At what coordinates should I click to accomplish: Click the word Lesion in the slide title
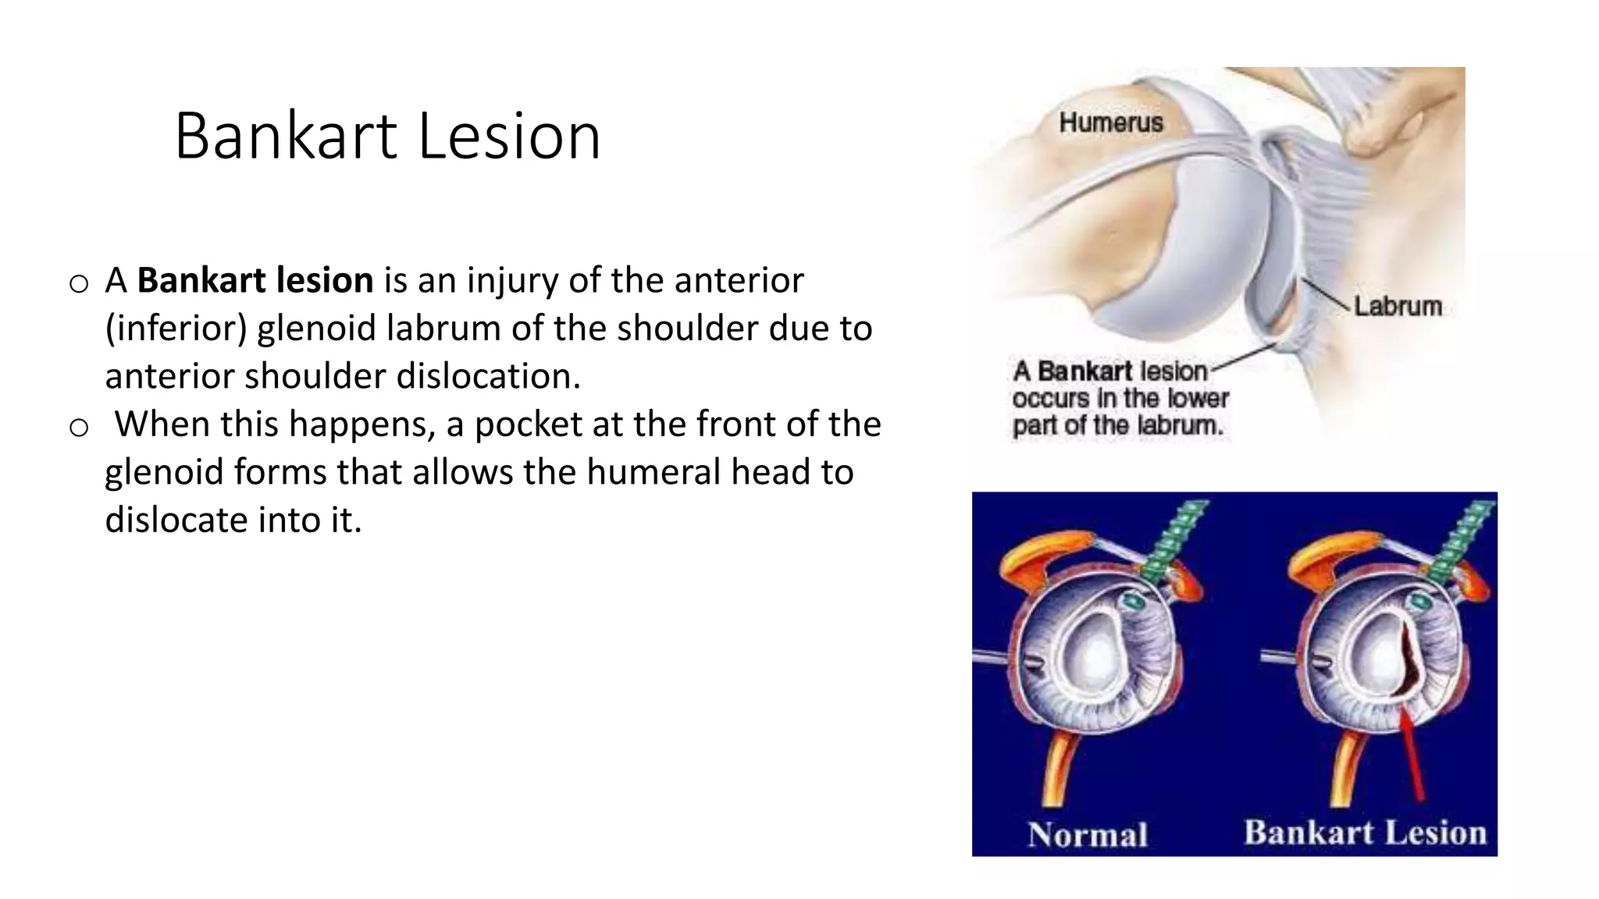pos(509,137)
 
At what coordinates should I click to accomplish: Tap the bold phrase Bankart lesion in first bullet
pos(255,280)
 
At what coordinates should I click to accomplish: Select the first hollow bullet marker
pos(79,284)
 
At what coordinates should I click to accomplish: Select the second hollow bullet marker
pos(79,428)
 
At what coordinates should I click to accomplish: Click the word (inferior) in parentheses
pos(176,329)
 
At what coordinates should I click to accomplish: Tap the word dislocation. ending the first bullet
pos(489,376)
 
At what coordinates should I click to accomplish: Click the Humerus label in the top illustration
pos(1110,123)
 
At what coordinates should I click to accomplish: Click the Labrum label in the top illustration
pos(1398,306)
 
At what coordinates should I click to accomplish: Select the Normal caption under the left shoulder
pos(1088,834)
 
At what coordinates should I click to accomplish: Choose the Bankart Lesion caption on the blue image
pos(1365,832)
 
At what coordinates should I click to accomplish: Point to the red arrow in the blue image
pos(1412,753)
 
